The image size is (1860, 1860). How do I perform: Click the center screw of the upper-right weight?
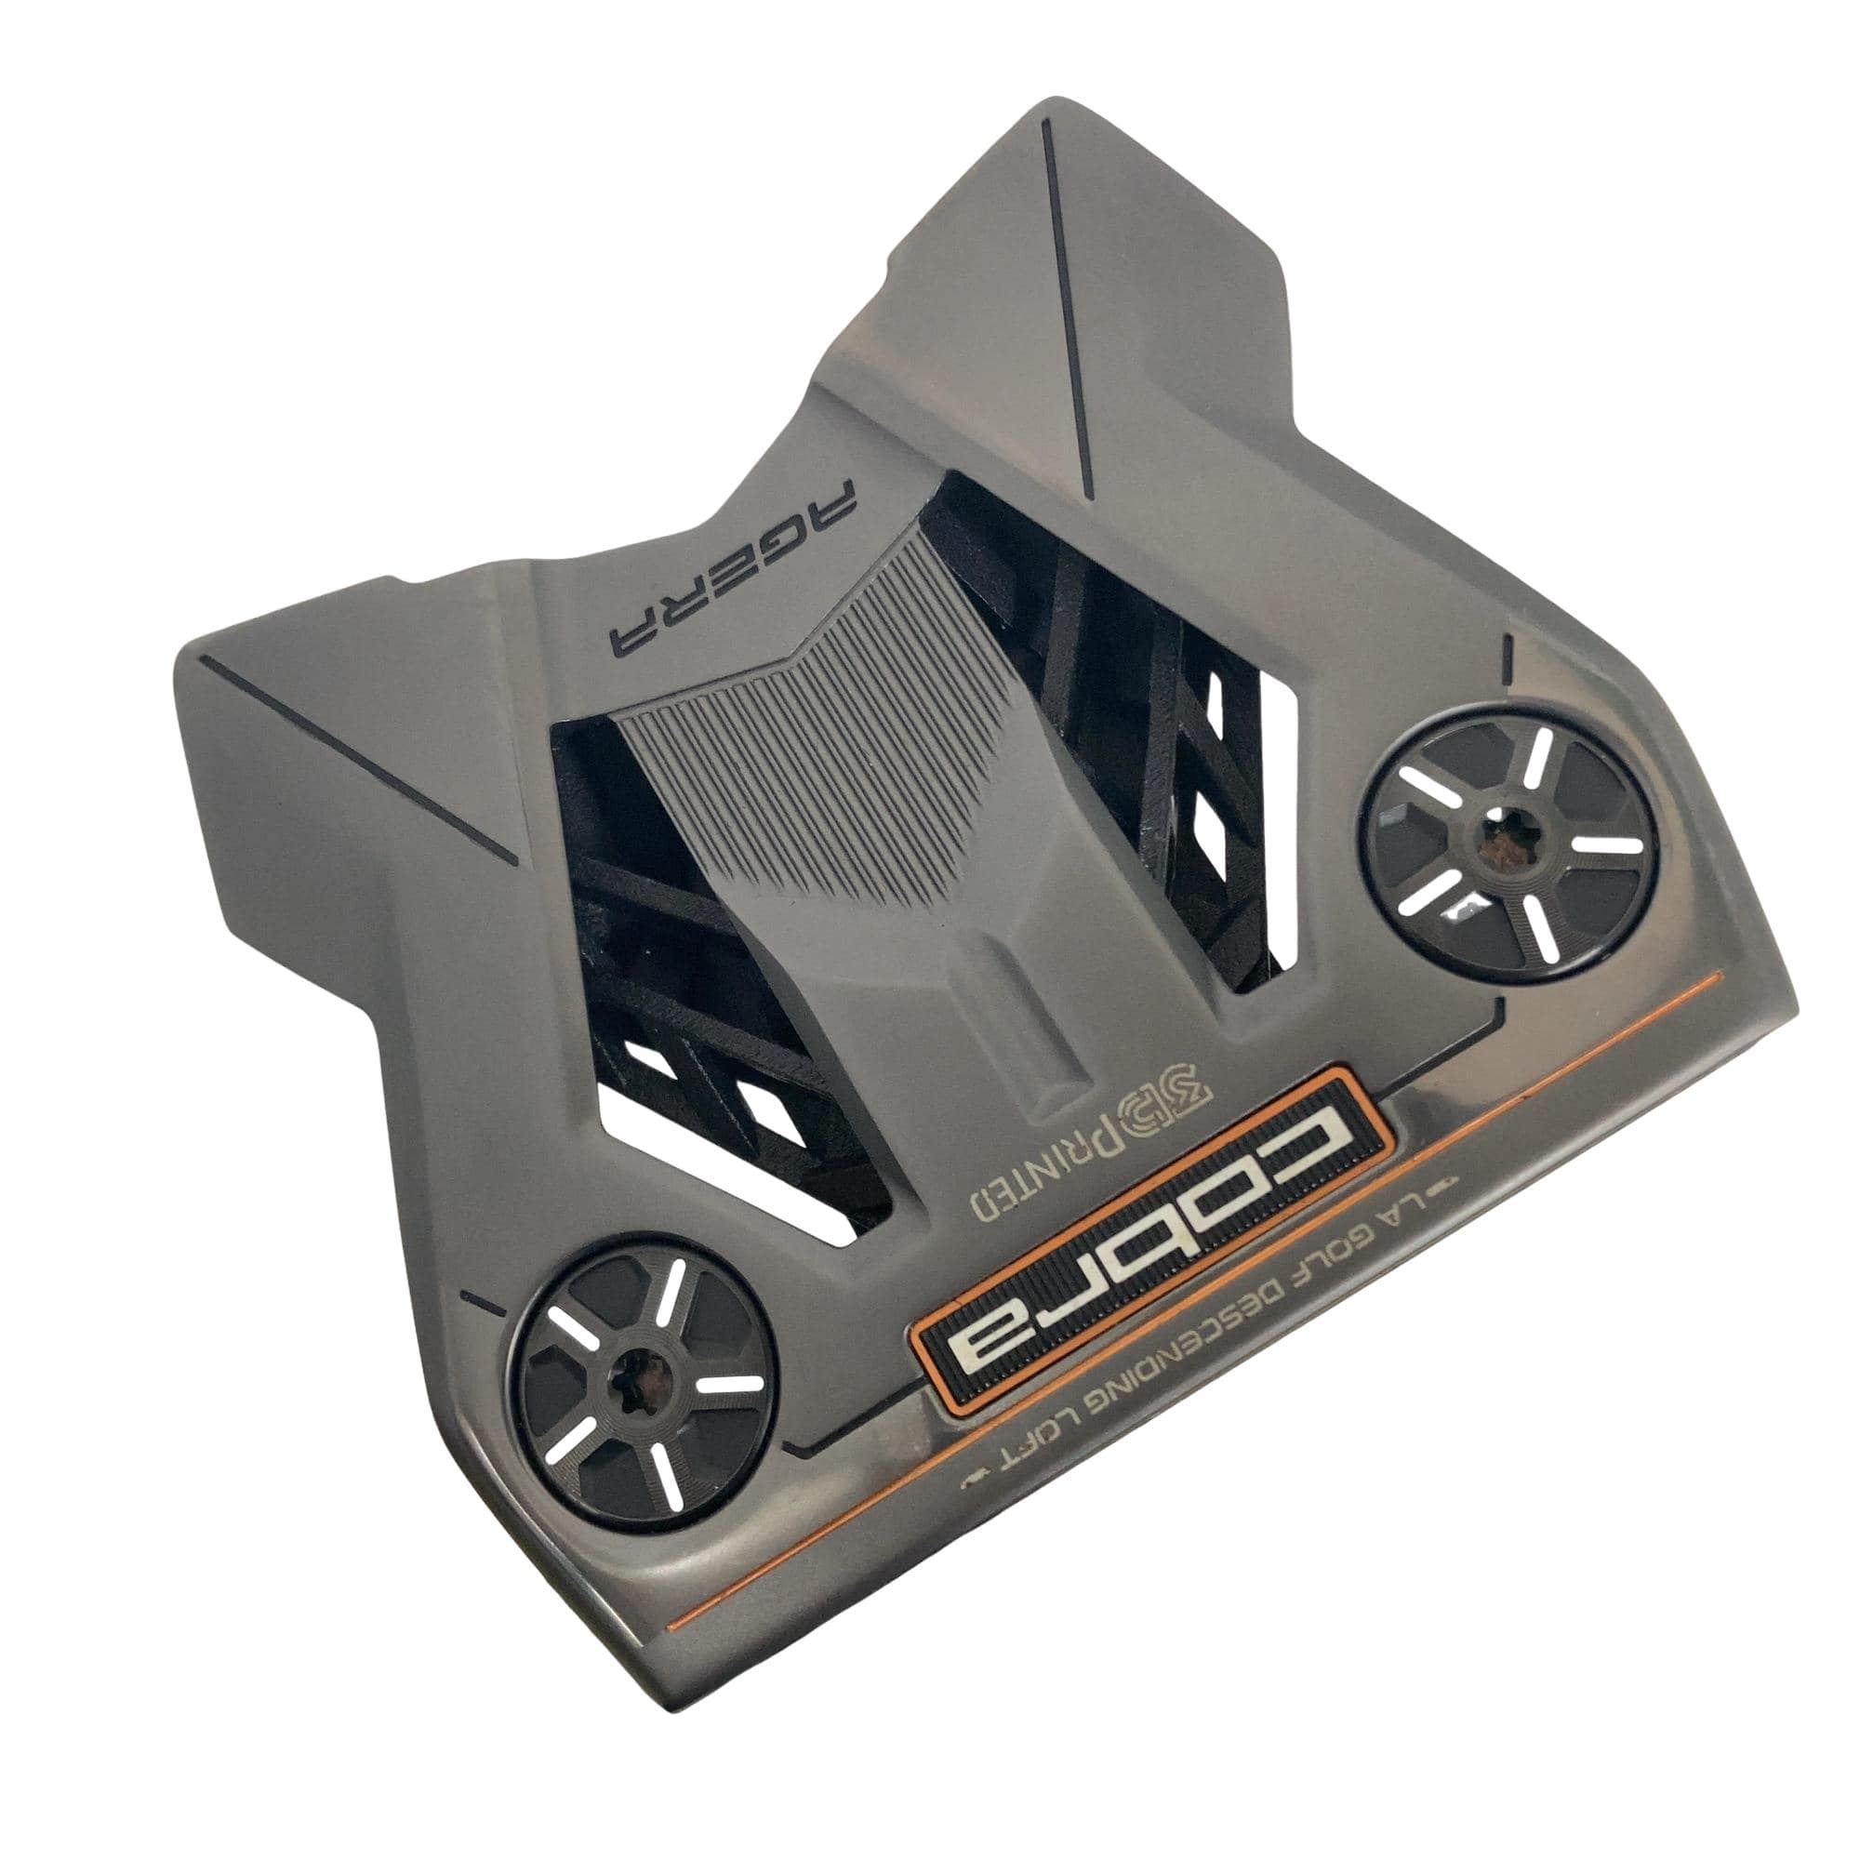pyautogui.click(x=1501, y=837)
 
